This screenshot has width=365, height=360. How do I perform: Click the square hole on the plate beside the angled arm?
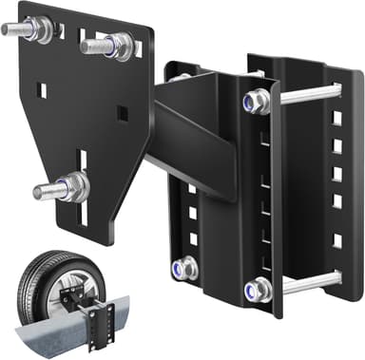[122, 113]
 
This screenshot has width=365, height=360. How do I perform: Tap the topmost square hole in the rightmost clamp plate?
[336, 118]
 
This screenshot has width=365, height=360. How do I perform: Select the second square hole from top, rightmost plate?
[336, 146]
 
